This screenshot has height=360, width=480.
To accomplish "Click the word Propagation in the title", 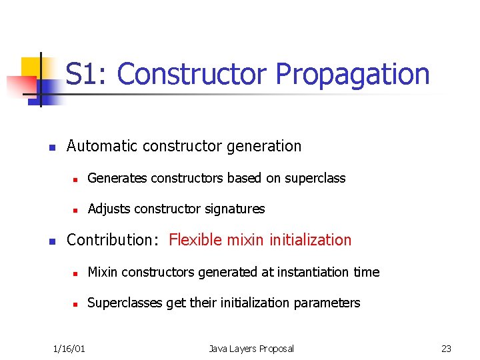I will (x=353, y=75).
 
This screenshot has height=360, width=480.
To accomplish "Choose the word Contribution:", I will (x=113, y=240).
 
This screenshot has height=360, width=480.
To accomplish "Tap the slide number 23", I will (x=446, y=349).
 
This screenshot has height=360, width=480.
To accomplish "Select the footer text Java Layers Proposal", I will (x=251, y=349).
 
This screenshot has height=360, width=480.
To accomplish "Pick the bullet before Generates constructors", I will (x=76, y=179).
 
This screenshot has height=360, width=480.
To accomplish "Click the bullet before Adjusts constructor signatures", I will (x=76, y=210).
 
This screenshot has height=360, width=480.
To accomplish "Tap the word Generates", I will (x=117, y=179).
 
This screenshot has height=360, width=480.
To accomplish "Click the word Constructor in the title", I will (x=193, y=74).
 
